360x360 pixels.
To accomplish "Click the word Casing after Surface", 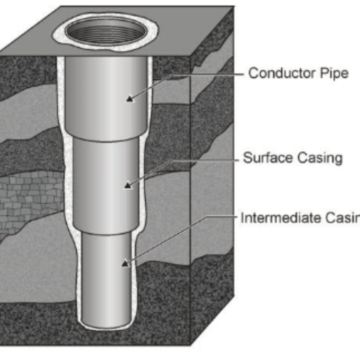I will pyautogui.click(x=321, y=157).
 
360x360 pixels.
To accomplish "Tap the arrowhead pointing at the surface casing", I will pyautogui.click(x=126, y=186).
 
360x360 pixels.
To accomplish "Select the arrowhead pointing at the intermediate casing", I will pyautogui.click(x=125, y=264).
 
